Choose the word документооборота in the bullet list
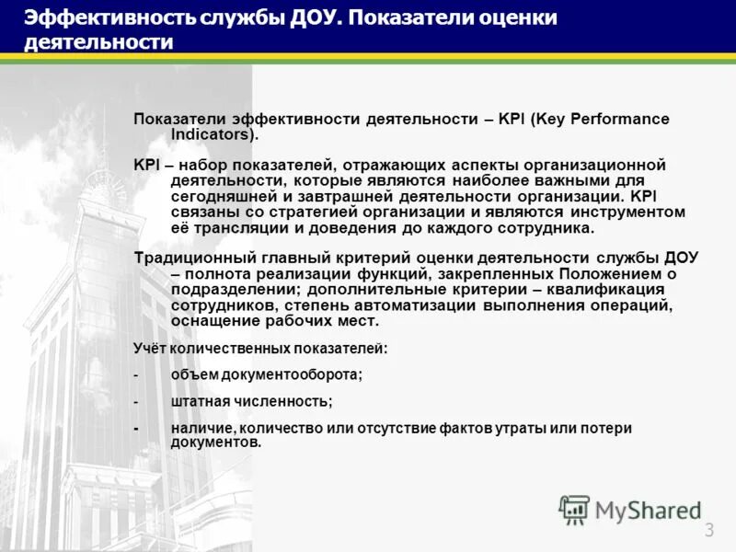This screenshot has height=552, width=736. [x=286, y=374]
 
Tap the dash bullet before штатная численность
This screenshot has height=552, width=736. [x=136, y=401]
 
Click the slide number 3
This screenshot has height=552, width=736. [x=709, y=529]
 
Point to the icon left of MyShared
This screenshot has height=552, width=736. [x=574, y=510]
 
